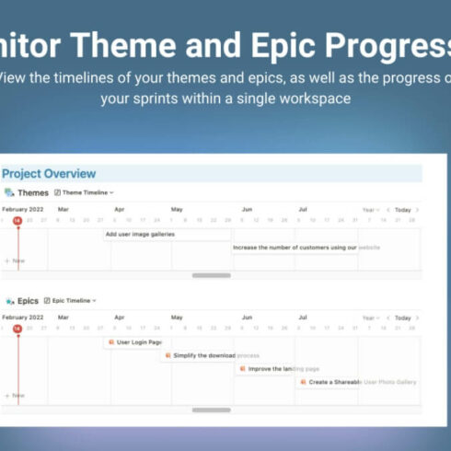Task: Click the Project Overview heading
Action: (x=49, y=174)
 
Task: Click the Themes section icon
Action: (x=9, y=192)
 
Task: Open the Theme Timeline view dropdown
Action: (x=87, y=192)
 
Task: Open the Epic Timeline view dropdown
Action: (x=74, y=300)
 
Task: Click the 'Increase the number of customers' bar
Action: (x=295, y=248)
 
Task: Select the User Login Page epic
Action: (x=134, y=342)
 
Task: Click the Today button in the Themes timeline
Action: (x=403, y=210)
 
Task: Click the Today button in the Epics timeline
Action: (x=403, y=318)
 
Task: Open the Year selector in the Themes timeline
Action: (x=369, y=210)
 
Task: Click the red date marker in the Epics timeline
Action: (x=17, y=328)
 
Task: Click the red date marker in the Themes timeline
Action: (x=17, y=220)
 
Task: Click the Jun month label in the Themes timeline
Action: (x=246, y=210)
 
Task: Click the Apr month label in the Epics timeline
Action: (x=119, y=318)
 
